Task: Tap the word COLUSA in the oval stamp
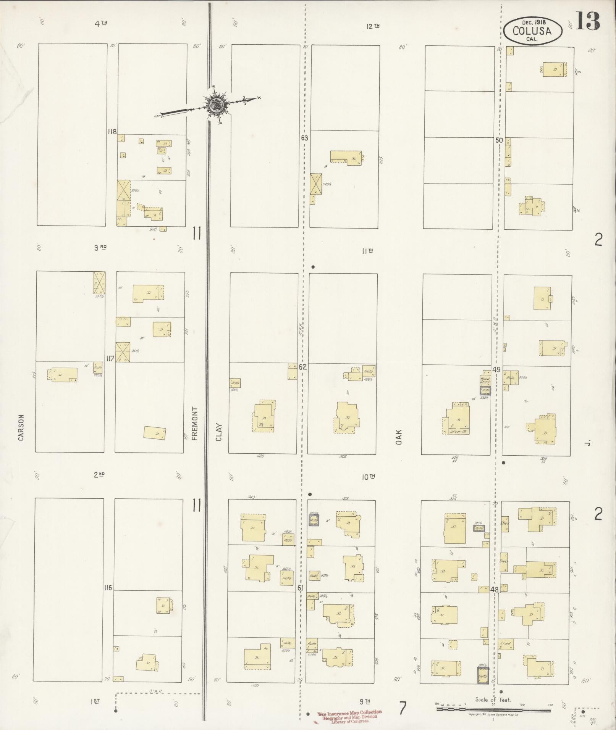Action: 532,31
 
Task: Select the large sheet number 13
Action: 587,21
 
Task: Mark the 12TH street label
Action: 372,26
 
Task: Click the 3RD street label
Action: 100,247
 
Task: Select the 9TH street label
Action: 365,701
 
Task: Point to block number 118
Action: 112,132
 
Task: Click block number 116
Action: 108,588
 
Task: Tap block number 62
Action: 303,367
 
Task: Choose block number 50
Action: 499,140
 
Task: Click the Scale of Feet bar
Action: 493,709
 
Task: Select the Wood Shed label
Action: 485,380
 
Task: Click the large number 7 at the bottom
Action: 403,709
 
